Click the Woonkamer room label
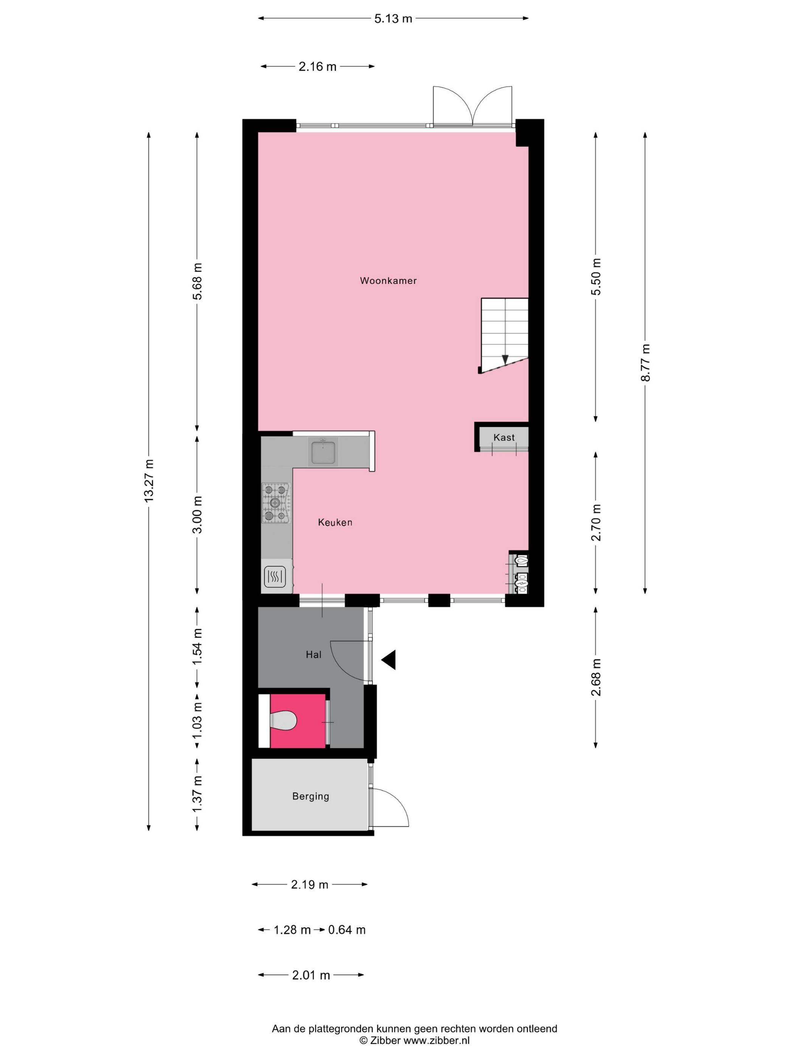[x=388, y=281]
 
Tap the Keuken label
[x=335, y=522]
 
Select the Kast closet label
[x=504, y=437]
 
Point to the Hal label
[x=313, y=655]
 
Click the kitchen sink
[x=323, y=452]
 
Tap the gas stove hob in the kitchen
[x=276, y=503]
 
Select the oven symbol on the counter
[x=275, y=577]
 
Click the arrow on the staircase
[x=505, y=359]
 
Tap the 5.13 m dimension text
[x=393, y=19]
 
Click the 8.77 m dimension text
[x=645, y=362]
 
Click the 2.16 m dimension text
[x=317, y=67]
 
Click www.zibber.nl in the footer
[x=436, y=1040]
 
